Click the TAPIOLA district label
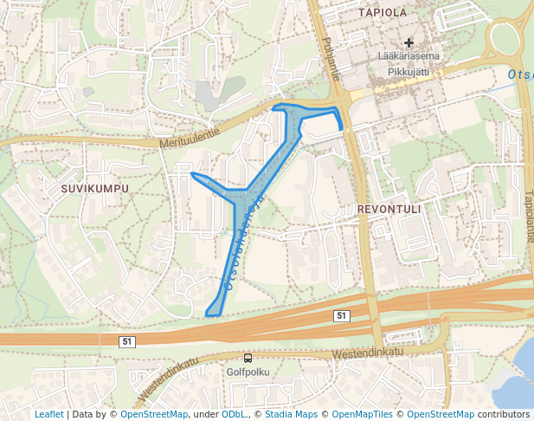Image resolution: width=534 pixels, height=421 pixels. (x=382, y=13)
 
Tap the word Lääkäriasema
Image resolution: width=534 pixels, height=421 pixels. (x=409, y=56)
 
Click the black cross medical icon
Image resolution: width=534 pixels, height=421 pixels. (x=409, y=42)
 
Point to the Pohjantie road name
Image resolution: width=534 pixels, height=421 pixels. (x=331, y=60)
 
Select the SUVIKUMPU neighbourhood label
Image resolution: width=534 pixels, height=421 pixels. (x=95, y=188)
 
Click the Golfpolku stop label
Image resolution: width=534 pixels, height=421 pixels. (x=248, y=372)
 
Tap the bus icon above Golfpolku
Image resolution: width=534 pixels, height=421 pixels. (x=248, y=358)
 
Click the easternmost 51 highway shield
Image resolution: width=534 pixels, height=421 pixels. (x=342, y=316)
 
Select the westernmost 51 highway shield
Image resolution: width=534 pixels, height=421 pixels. (x=127, y=342)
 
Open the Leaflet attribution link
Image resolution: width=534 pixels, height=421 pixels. (x=48, y=414)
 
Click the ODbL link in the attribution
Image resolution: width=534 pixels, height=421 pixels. (x=234, y=414)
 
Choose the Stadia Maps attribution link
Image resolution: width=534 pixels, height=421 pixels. (x=291, y=414)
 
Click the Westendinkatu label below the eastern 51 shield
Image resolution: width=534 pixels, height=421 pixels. (x=368, y=353)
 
